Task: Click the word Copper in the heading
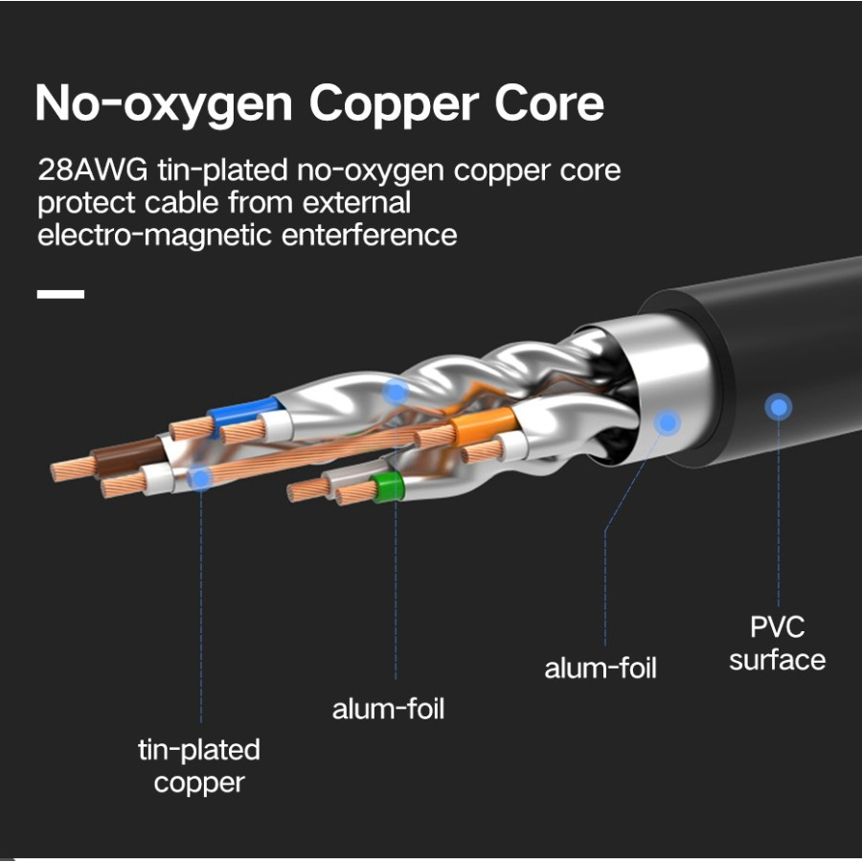pos(394,103)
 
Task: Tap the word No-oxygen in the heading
pos(163,103)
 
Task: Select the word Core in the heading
pos(549,102)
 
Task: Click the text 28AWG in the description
pos(92,170)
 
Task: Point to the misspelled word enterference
pos(369,235)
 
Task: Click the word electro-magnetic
pos(154,237)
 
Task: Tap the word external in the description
pos(356,202)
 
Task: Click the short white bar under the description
pos(60,294)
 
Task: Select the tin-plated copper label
pos(199,766)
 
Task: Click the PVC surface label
pos(778,644)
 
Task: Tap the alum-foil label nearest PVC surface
pos(601,669)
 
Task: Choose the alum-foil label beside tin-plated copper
pos(388,709)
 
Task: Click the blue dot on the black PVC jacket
pos(778,407)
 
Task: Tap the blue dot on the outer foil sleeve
pos(668,422)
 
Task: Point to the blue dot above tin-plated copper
pos(201,478)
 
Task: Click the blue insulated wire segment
pos(244,414)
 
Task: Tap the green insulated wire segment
pos(388,487)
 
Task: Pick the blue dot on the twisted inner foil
pos(396,393)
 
